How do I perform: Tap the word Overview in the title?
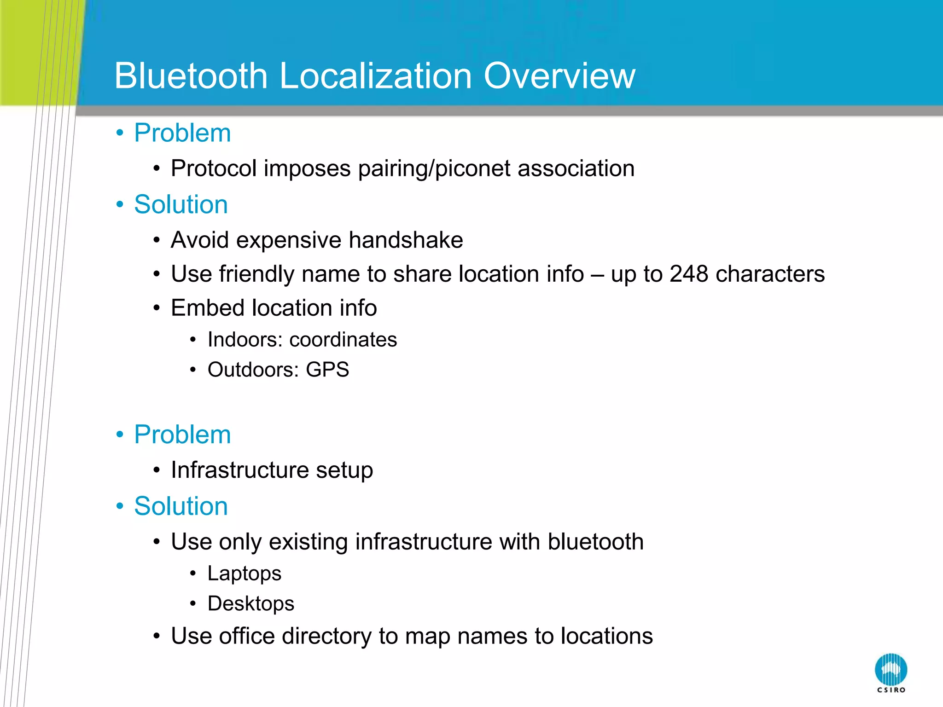(x=559, y=76)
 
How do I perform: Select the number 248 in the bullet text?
(x=688, y=274)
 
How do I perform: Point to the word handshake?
(x=406, y=240)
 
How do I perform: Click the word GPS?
(x=327, y=370)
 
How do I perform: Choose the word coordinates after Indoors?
(x=343, y=340)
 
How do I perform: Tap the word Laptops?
(x=244, y=574)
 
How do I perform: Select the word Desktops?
(x=250, y=603)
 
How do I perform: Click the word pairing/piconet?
(x=434, y=168)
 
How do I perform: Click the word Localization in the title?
(x=376, y=76)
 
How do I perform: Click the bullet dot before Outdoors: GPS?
(x=193, y=370)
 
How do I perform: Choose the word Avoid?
(x=199, y=240)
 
